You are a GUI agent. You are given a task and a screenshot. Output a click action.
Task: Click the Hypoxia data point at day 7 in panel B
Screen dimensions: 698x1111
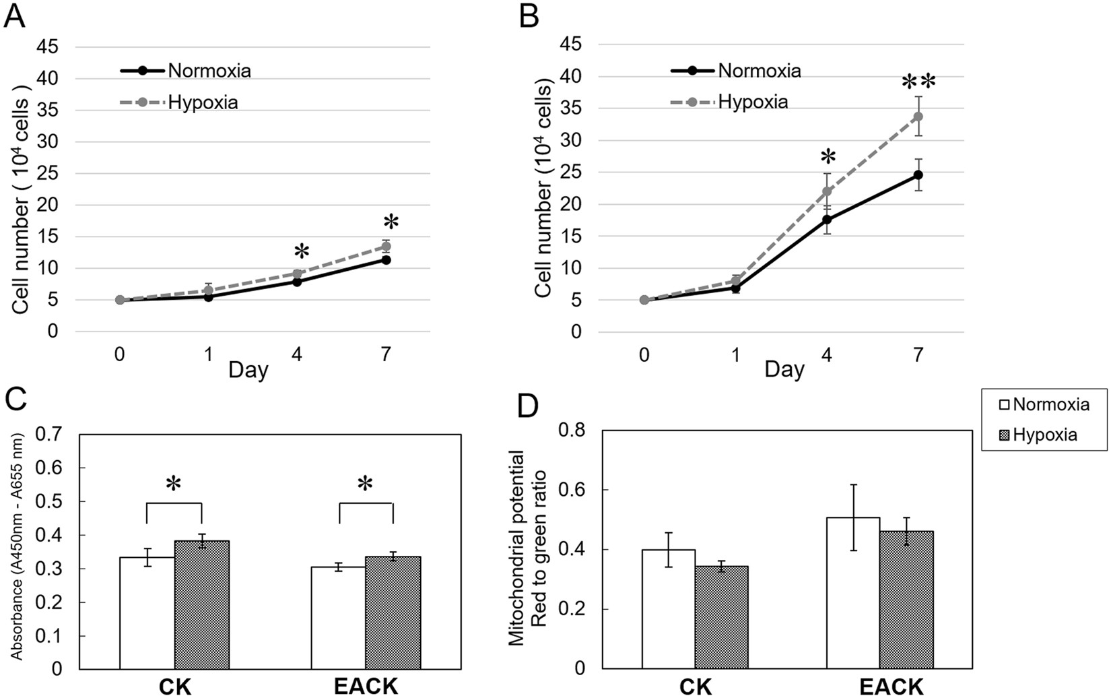[917, 116]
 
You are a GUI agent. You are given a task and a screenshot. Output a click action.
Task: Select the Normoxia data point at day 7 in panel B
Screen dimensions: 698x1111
[917, 175]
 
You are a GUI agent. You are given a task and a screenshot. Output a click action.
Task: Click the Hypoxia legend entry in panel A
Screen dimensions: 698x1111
[202, 103]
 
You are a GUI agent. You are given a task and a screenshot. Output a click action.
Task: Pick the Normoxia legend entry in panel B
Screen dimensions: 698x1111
[759, 71]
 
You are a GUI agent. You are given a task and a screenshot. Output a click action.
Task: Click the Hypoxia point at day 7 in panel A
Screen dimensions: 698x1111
[386, 246]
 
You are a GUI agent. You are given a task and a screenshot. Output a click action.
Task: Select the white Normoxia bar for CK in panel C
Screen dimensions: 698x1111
[147, 612]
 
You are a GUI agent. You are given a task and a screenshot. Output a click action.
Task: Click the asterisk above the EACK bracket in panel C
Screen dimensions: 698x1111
[365, 484]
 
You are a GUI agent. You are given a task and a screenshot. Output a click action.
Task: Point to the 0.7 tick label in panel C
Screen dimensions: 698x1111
[49, 435]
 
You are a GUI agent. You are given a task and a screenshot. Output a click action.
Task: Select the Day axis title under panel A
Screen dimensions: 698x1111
[248, 370]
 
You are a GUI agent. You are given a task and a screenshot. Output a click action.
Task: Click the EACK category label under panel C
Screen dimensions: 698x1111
[366, 687]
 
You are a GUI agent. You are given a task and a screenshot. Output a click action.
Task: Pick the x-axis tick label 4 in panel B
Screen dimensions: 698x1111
[827, 354]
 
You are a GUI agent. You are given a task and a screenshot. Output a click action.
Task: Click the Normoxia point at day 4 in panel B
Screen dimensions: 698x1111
[827, 220]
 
